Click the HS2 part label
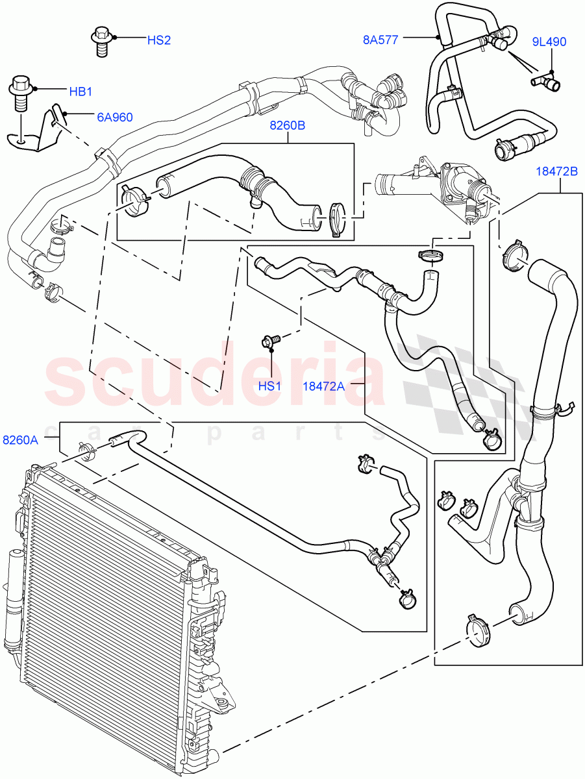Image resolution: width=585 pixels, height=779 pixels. coord(158,40)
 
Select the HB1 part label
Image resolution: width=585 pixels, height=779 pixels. coord(81,92)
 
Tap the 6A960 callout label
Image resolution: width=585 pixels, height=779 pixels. coord(114,117)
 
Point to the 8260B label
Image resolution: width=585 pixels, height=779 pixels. coord(288,126)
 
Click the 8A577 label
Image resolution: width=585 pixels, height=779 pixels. coord(380,39)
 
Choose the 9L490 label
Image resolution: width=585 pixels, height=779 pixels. coord(549,42)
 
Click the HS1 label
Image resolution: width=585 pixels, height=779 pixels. coord(270,386)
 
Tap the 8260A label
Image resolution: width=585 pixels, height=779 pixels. coord(20,439)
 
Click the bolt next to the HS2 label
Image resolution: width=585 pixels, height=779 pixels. coord(101,40)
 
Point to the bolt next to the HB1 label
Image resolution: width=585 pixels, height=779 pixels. coord(20,92)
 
